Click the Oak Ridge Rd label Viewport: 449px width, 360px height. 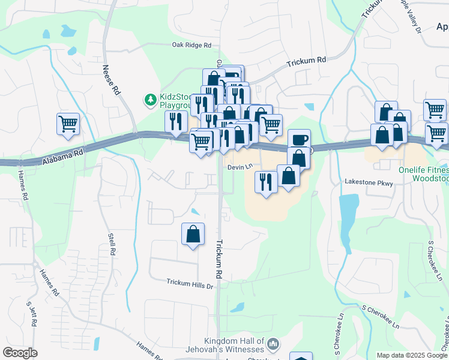[x=192, y=45]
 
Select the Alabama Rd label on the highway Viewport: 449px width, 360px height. [x=63, y=157]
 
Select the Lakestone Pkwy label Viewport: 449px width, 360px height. [x=368, y=181]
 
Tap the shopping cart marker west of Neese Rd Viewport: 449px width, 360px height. [x=68, y=124]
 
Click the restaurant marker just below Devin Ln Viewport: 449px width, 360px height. [x=266, y=181]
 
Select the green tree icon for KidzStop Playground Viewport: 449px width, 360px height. [x=149, y=99]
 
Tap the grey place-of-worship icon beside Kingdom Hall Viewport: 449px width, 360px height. [x=273, y=344]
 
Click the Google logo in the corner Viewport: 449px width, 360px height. [x=20, y=352]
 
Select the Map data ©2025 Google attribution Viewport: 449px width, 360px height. [x=411, y=355]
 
